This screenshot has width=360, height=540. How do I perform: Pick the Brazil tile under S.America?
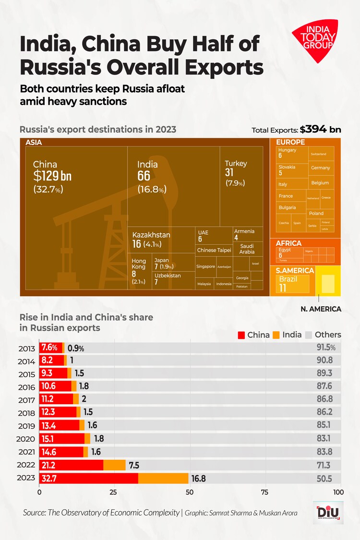(292, 284)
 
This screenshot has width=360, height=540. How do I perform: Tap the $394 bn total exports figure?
(320, 130)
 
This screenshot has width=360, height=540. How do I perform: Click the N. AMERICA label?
(321, 309)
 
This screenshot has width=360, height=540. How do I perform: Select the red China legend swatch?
(241, 335)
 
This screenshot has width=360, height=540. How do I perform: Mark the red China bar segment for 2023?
(88, 478)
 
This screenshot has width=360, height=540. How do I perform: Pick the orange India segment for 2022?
(114, 465)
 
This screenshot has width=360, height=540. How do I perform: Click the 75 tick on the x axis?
(264, 492)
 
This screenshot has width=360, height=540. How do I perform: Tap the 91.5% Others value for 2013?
(325, 348)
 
